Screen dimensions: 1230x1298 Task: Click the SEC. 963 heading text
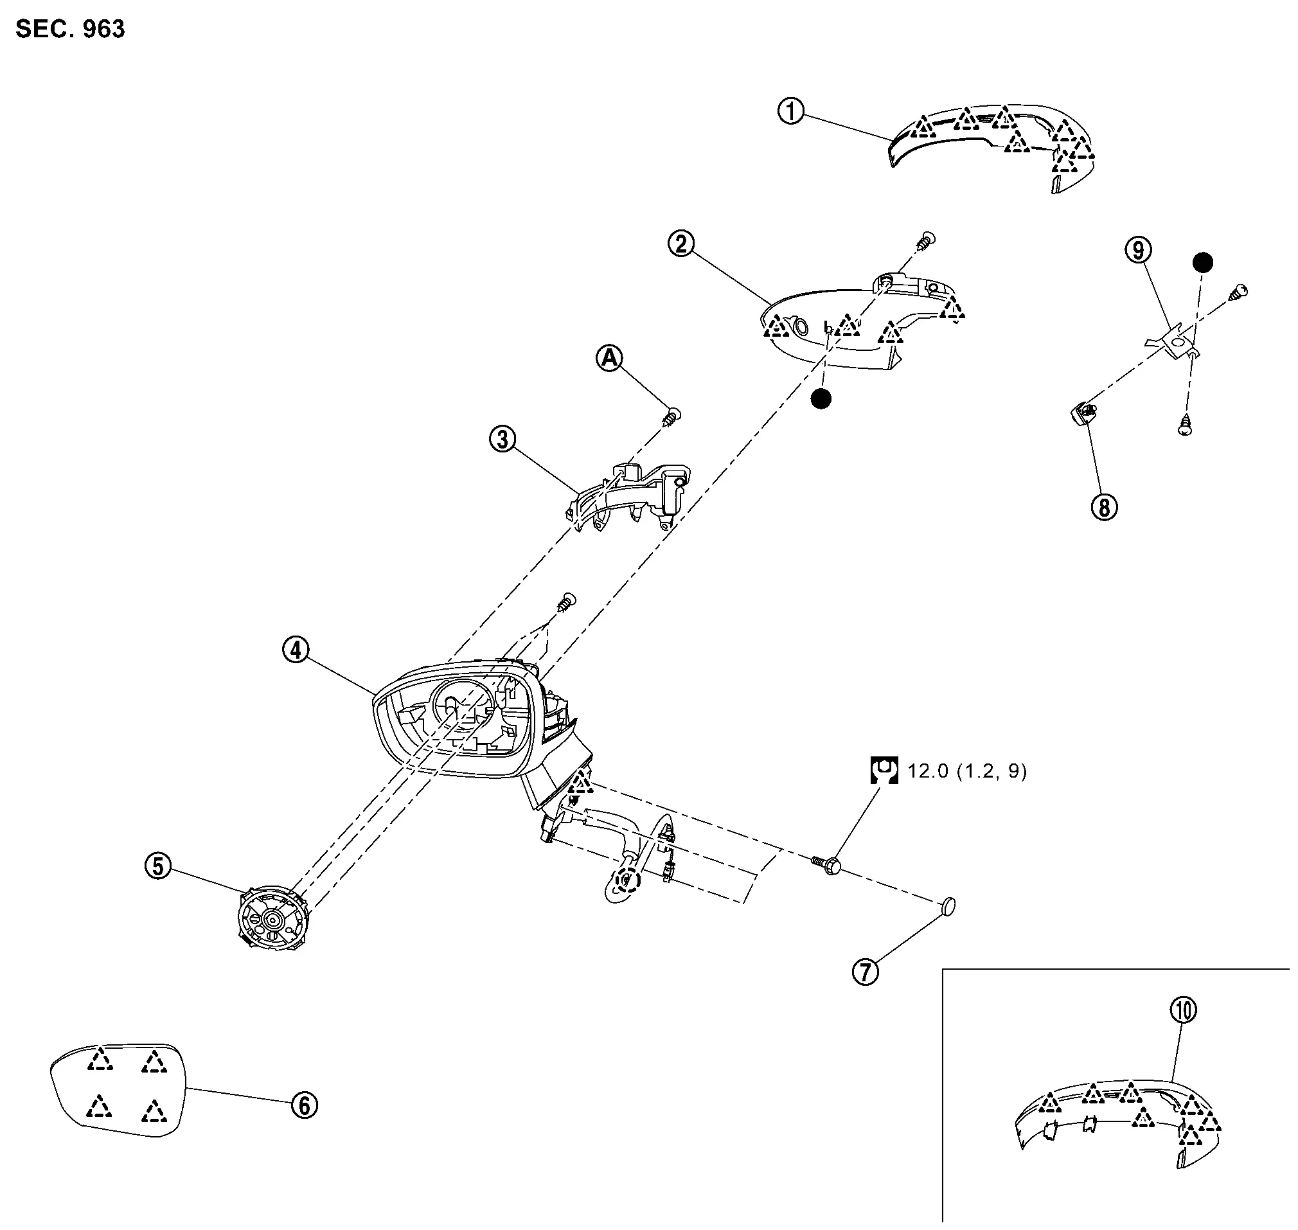70,30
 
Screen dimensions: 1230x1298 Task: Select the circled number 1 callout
790,111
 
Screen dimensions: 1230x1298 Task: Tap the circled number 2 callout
681,244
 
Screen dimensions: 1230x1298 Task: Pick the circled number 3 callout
502,439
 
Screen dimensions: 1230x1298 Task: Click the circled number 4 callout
296,650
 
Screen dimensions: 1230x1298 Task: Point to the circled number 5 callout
158,866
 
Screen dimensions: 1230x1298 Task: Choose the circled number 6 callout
304,1105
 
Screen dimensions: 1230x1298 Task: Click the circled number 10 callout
1183,1010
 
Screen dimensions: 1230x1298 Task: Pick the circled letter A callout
610,358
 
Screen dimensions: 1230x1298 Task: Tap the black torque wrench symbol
884,771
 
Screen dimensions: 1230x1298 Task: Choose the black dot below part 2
821,398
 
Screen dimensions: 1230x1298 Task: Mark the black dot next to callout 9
1202,263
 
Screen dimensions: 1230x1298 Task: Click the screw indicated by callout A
671,416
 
